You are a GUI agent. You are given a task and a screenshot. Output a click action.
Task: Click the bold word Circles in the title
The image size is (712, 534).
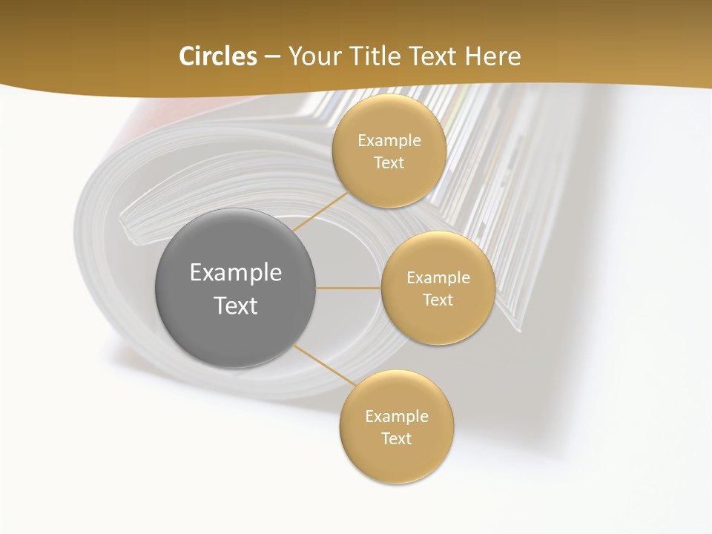click(217, 56)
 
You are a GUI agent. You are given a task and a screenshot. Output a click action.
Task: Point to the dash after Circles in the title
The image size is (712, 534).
click(272, 57)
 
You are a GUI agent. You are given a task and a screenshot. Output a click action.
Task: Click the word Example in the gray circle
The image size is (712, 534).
click(236, 273)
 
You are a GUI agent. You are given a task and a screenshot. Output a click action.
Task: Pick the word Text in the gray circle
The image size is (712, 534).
click(236, 306)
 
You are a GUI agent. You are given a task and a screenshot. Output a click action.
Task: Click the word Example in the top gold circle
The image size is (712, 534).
click(389, 140)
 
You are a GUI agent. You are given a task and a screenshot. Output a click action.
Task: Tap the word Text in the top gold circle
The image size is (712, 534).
click(389, 162)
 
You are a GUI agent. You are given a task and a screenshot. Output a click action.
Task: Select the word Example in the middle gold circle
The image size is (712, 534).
click(438, 277)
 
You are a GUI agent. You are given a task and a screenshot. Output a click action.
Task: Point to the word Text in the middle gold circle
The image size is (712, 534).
click(438, 300)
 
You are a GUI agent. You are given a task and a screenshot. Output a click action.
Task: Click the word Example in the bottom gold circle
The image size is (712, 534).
click(397, 416)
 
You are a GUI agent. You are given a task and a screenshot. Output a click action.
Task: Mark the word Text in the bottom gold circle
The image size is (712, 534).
click(397, 438)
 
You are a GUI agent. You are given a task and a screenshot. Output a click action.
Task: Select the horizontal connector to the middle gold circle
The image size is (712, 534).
click(349, 288)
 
